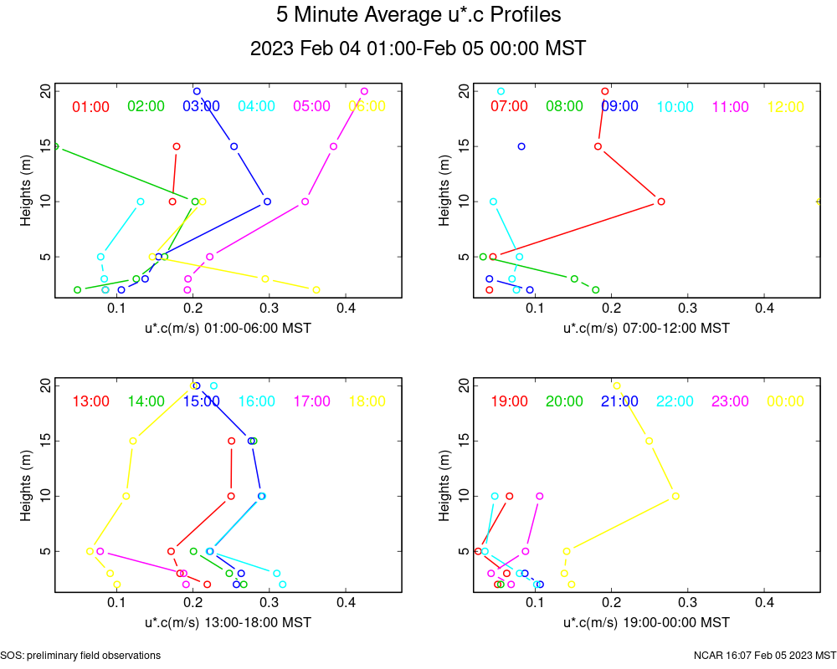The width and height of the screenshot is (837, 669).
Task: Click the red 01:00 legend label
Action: coord(91,106)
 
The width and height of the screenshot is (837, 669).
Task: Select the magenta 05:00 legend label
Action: coord(312,106)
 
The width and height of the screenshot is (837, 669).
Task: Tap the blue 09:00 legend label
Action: coord(619,106)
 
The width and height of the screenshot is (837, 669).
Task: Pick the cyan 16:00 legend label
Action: coord(257,401)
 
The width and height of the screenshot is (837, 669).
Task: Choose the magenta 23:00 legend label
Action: coord(730,401)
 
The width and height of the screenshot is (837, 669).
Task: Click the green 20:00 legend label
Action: coord(565,401)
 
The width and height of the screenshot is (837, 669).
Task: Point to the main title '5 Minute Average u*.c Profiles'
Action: coord(418,15)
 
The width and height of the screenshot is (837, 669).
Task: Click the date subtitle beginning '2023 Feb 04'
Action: coord(418,49)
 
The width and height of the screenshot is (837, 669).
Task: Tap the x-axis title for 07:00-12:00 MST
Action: coord(646,328)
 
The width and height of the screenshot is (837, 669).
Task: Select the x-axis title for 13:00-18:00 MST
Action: coord(228,622)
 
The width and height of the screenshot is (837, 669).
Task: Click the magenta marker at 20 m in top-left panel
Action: coord(364,91)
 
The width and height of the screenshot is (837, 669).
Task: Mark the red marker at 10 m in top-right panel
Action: coord(661,202)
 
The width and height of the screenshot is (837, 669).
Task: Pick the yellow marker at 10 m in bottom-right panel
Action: coord(675,496)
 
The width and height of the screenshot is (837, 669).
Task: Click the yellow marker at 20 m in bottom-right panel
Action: coord(617,386)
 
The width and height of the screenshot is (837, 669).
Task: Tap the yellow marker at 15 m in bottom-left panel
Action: coord(133,441)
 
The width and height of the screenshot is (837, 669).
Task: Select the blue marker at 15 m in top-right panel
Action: coord(521,146)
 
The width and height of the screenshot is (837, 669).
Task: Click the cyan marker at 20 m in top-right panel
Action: coord(501,91)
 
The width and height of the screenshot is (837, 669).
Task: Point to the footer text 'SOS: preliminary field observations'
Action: coord(80,655)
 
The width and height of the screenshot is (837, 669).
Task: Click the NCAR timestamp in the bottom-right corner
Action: coord(764,655)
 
